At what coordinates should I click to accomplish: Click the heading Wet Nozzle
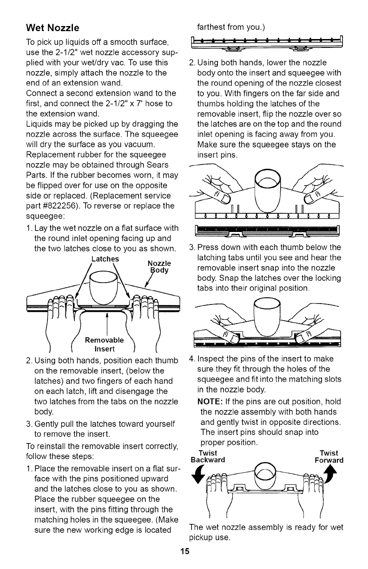[x=53, y=27]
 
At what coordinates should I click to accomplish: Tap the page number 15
[x=184, y=552]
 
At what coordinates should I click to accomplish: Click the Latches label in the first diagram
[x=105, y=259]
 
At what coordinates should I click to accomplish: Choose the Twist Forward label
[x=328, y=457]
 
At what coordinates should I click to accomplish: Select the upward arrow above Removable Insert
[x=107, y=321]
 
